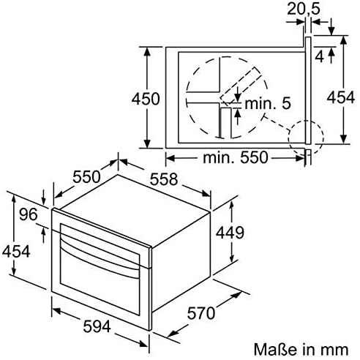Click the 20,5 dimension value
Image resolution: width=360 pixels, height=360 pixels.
click(304, 10)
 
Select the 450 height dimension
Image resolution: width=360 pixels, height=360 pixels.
click(146, 99)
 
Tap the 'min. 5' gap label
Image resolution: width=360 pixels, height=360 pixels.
click(268, 103)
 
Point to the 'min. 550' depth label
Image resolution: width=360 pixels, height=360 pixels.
click(236, 157)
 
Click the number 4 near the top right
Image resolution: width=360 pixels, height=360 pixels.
click(320, 57)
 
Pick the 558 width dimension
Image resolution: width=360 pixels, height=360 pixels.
click(164, 179)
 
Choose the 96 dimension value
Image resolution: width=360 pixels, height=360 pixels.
click(29, 214)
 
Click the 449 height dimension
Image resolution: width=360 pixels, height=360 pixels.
click(230, 232)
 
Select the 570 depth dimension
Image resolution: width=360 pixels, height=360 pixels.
click(201, 313)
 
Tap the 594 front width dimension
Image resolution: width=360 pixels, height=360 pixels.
click(97, 326)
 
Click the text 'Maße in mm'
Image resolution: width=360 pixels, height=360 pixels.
click(301, 350)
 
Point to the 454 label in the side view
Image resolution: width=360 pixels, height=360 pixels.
click(340, 97)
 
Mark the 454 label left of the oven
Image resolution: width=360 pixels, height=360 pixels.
click(16, 251)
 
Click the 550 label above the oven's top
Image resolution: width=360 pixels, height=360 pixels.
click(86, 176)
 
